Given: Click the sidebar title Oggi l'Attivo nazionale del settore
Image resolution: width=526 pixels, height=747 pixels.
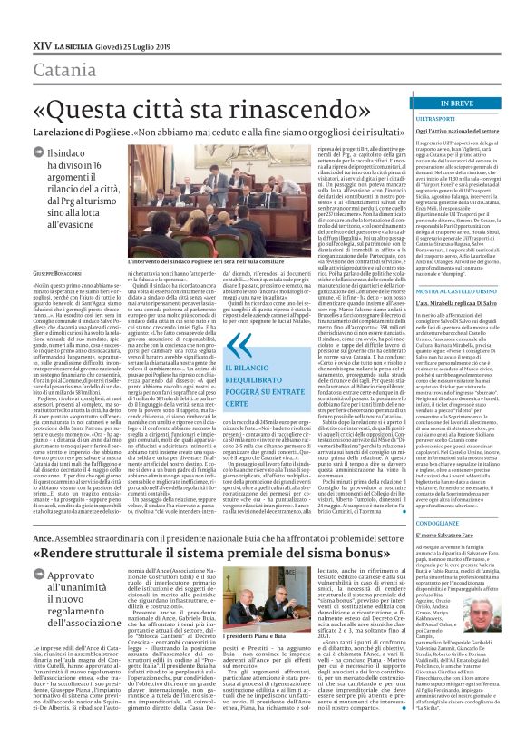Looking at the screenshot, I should pos(470,132).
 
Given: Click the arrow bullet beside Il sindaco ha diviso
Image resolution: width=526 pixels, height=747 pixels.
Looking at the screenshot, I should pos(37,155).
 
